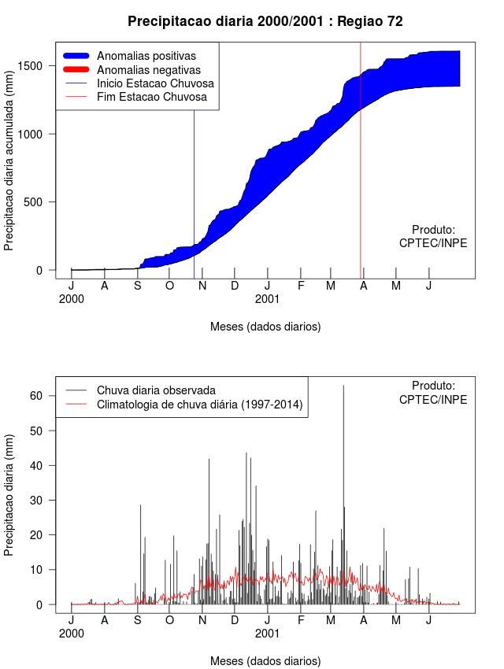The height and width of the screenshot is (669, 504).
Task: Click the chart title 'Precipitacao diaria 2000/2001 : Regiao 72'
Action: [265, 21]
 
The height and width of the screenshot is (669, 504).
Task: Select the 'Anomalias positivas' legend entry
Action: [146, 56]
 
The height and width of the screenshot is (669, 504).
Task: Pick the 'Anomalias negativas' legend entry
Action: [147, 70]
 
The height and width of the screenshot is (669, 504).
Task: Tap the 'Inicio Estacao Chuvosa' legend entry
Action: [155, 83]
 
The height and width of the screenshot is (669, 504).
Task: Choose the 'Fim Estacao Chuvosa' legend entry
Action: [152, 97]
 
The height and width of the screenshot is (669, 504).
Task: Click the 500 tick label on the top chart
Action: [39, 201]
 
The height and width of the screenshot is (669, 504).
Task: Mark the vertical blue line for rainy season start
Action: [195, 197]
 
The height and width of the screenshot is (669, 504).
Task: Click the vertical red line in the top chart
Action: [361, 157]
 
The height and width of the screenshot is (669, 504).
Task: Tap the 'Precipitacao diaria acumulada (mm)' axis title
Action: [9, 159]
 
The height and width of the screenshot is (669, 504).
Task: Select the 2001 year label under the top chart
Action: [267, 299]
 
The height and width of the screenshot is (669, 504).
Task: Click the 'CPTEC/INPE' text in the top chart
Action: [433, 243]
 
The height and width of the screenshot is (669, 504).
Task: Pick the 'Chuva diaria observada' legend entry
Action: [156, 390]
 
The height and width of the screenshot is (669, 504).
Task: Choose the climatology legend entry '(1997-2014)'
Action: [200, 405]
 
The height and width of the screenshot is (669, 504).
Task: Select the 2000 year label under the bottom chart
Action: [71, 633]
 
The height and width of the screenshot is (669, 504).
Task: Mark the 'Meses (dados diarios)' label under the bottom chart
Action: [265, 660]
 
